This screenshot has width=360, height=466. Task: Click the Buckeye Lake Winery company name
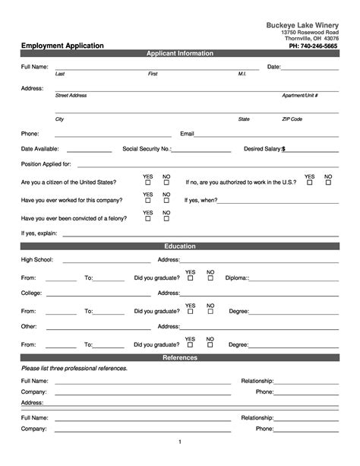pos(302,25)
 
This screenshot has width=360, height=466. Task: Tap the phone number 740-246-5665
pos(313,46)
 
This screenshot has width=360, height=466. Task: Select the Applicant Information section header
pos(180,54)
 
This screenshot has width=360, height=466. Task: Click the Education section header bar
pos(180,246)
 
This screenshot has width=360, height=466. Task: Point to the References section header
pos(180,357)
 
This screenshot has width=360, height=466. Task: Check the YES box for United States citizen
pos(148,183)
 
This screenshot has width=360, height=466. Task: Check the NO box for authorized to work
pos(328,183)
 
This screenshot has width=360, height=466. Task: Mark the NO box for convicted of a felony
pos(166,219)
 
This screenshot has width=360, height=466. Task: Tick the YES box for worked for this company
pos(148,201)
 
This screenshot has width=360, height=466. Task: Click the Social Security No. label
pos(147,150)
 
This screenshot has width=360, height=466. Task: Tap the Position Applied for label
pos(46,164)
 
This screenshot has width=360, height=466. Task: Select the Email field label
pos(187,134)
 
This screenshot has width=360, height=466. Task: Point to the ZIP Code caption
pos(292,119)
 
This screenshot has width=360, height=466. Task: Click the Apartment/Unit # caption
pos(299,96)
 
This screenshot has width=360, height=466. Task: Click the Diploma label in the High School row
pos(237,278)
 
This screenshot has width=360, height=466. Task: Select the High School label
pos(36,260)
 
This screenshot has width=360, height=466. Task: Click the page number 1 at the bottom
pos(180,442)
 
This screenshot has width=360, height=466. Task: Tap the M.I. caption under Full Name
pos(242,74)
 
